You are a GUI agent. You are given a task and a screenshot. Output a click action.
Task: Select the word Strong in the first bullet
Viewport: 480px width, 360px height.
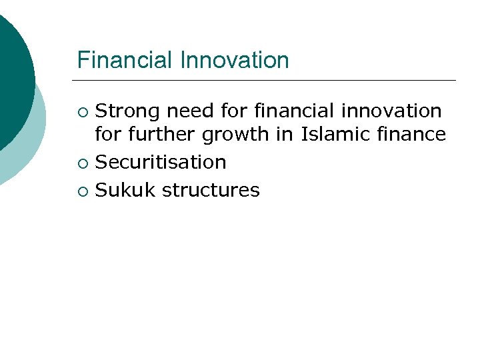(x=128, y=110)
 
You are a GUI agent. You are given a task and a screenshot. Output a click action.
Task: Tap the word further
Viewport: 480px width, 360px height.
(x=159, y=135)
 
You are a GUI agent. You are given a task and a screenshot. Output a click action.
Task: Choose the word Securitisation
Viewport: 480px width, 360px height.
(x=161, y=162)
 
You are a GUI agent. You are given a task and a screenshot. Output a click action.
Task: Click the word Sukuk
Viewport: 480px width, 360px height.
(x=125, y=190)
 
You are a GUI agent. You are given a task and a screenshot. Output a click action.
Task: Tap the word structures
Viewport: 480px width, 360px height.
(x=211, y=190)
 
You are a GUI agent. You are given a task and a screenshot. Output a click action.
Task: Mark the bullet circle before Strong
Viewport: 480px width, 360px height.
(x=82, y=111)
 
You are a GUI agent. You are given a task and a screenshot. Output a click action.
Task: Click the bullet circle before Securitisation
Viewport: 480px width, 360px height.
(x=82, y=163)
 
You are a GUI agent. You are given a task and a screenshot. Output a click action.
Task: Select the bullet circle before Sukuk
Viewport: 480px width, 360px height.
(x=82, y=191)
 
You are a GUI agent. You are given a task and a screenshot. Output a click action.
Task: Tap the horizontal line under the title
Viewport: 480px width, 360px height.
(x=267, y=81)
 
